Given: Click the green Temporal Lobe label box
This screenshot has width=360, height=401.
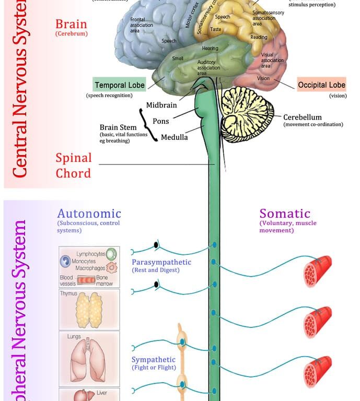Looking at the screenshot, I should pos(119,85).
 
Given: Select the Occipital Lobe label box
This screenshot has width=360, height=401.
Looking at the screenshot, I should pos(321,85).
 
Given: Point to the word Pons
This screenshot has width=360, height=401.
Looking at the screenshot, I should pos(160,121).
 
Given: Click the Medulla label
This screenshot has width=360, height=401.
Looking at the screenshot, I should pos(175,137).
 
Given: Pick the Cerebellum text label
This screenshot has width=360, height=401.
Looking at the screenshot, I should pos(303,117).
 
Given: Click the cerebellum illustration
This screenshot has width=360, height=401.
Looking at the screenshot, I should pos(247,115).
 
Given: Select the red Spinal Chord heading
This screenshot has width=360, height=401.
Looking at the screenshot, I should pos(74,165).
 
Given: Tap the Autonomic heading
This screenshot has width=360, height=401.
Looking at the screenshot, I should pos(89,213).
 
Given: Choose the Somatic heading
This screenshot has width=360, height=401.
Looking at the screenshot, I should pos(285,213).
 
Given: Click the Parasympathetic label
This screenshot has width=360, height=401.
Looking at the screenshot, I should pos(161,262).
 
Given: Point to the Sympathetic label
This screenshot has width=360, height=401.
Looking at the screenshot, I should pos(153,360).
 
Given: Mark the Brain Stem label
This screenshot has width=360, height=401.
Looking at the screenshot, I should pos(118,127).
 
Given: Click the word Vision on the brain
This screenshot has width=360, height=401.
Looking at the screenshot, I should pos(263,78).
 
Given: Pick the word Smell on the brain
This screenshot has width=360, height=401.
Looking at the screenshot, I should pos(178,58).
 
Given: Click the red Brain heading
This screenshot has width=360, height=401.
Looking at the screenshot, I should pos(71,25).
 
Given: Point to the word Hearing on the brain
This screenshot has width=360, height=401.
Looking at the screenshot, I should pos(210,49).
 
